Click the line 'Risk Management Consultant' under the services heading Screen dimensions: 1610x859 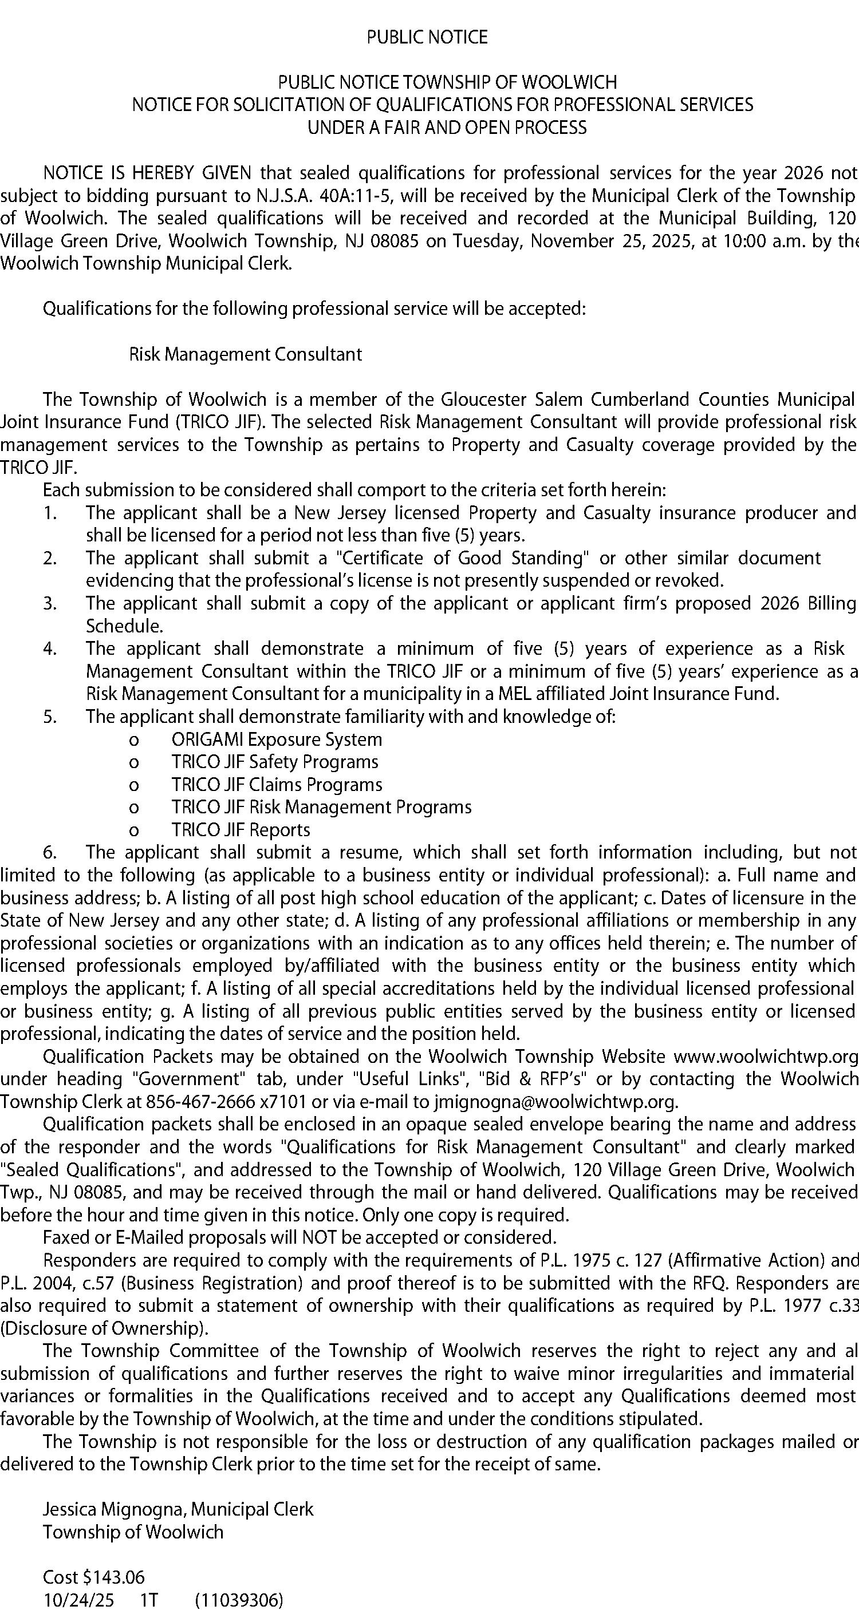[x=245, y=354]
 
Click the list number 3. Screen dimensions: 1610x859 [x=50, y=603]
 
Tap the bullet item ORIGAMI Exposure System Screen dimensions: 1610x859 [x=277, y=739]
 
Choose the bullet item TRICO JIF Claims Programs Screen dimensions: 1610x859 [x=277, y=784]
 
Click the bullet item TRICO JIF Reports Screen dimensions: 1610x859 [x=241, y=830]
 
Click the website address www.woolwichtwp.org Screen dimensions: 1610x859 [x=765, y=1056]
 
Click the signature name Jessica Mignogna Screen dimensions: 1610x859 [x=114, y=1509]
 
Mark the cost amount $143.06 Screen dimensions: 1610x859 [x=113, y=1577]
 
